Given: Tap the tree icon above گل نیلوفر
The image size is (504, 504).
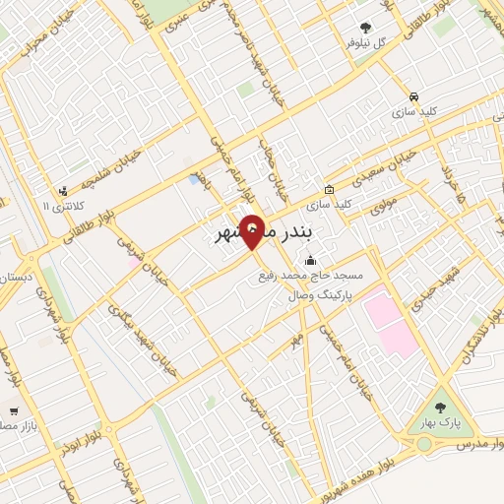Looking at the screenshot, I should pos(366,28).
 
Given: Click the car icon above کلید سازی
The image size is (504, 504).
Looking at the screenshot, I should pos(414,97).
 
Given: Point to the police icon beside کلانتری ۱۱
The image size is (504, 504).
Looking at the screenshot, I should pos(64,191).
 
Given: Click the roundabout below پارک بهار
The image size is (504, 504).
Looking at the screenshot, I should pos(424,444).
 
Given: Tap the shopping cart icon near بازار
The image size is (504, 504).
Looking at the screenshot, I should pos(13,411).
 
